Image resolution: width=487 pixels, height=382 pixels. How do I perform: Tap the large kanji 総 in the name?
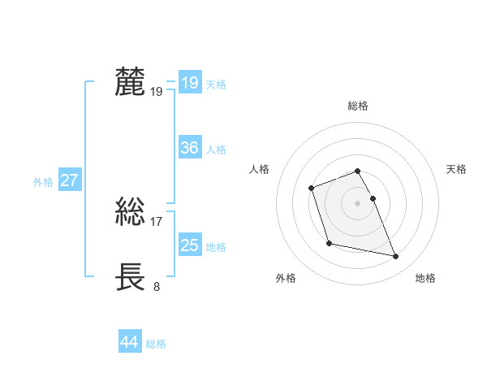click(x=131, y=213)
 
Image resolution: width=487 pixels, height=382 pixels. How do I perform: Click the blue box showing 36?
click(x=189, y=148)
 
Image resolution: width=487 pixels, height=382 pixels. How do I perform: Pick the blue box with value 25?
click(x=189, y=245)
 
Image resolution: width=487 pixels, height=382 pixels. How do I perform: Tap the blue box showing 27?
click(x=69, y=180)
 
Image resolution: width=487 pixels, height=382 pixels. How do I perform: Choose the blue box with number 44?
click(x=129, y=343)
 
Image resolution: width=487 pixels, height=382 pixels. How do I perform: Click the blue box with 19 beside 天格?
click(x=189, y=83)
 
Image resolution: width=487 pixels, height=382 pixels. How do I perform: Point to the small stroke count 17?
click(x=157, y=221)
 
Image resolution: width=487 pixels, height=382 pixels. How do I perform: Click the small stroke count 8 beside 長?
click(x=157, y=286)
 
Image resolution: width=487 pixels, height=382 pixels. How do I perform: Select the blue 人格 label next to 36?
click(x=216, y=150)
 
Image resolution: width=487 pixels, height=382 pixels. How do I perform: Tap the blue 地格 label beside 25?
click(x=216, y=247)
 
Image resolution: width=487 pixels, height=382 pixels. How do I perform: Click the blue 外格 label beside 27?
click(x=43, y=182)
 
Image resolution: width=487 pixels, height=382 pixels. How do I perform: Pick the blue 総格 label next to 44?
click(x=156, y=344)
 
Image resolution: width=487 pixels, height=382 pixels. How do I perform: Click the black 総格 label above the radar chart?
click(x=358, y=106)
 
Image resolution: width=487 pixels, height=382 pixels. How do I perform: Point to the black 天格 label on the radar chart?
click(x=457, y=169)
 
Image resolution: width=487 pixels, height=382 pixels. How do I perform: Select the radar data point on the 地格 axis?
click(x=396, y=257)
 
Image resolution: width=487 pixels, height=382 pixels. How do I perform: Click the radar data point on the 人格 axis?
click(x=312, y=189)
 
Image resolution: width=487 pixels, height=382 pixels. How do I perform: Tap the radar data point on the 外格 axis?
click(x=329, y=243)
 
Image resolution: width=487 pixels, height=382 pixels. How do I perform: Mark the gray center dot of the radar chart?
click(x=358, y=203)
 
